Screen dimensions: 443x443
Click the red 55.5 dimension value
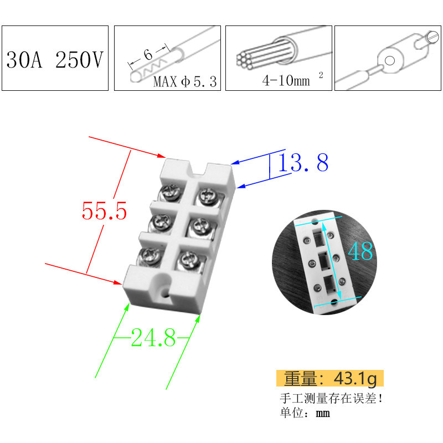(x=104, y=211)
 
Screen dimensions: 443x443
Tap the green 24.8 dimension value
(x=153, y=337)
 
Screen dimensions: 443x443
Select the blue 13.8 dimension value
(x=303, y=162)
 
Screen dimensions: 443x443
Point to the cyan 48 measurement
(x=360, y=251)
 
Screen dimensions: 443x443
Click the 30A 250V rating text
(x=55, y=60)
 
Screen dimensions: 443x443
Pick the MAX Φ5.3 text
(x=185, y=81)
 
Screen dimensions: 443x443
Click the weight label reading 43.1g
(x=330, y=378)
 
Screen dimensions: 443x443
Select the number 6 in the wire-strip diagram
(x=148, y=54)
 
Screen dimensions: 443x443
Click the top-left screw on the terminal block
(x=171, y=192)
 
